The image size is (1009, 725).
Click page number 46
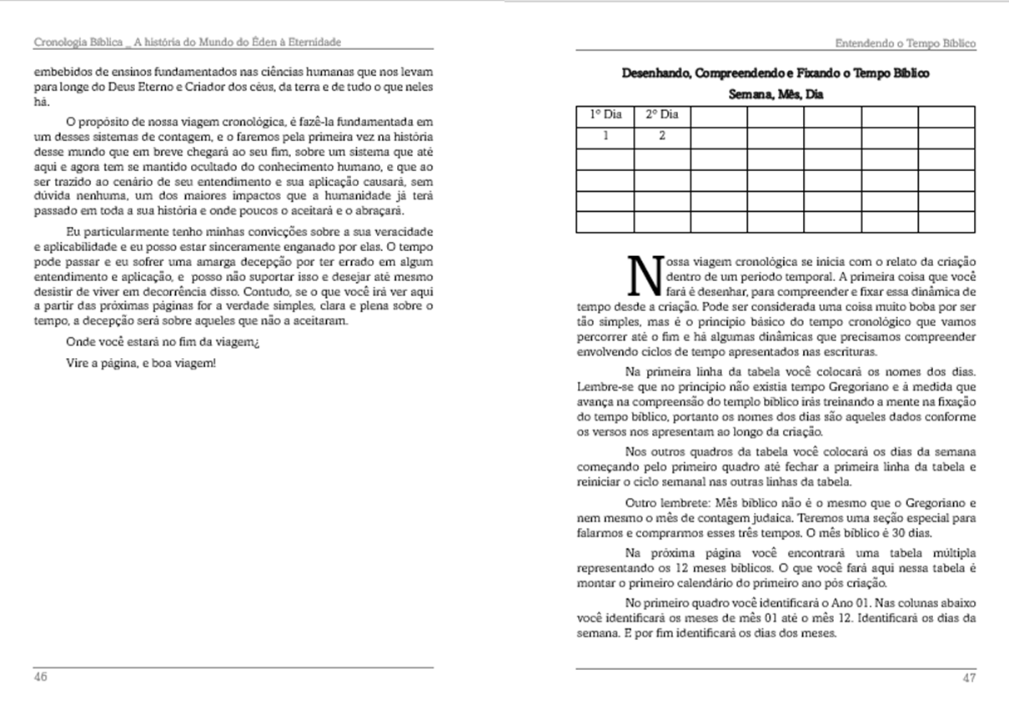(40, 677)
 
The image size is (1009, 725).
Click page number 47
(969, 677)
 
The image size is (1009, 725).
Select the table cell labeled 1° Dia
(605, 115)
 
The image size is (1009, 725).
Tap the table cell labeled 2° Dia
(662, 115)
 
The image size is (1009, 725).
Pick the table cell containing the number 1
(605, 136)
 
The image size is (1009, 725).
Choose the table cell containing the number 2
(662, 136)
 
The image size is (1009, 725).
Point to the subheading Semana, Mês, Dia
(776, 94)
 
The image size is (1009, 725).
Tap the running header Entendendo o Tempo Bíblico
(905, 43)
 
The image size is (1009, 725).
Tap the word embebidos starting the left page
(61, 73)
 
